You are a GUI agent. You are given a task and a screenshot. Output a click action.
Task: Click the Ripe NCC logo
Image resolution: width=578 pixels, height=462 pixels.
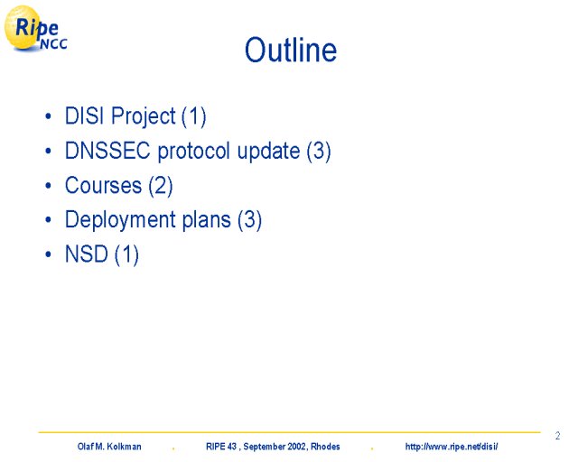pyautogui.click(x=36, y=28)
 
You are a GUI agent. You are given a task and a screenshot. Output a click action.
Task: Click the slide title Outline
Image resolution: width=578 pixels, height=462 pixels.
pyautogui.click(x=291, y=50)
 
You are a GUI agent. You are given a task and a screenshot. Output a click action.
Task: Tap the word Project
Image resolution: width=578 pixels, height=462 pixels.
pyautogui.click(x=143, y=117)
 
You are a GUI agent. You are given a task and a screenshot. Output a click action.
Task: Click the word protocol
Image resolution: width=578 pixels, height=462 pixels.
pyautogui.click(x=194, y=151)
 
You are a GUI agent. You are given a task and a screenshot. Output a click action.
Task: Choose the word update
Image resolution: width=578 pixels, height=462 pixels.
pyautogui.click(x=268, y=151)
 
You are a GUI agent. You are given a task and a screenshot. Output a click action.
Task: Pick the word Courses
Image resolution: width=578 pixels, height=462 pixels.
pyautogui.click(x=103, y=185)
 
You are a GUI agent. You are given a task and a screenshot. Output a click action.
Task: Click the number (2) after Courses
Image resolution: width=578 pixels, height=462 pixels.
pyautogui.click(x=161, y=186)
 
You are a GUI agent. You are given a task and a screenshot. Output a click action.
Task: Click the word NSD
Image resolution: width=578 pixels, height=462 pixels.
pyautogui.click(x=87, y=254)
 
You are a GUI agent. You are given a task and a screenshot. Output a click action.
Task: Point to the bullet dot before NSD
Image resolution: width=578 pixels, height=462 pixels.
pyautogui.click(x=48, y=254)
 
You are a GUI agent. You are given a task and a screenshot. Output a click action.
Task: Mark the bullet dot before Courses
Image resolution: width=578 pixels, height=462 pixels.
pyautogui.click(x=48, y=185)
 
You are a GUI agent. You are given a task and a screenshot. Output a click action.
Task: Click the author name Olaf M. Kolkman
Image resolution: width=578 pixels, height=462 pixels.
pyautogui.click(x=109, y=447)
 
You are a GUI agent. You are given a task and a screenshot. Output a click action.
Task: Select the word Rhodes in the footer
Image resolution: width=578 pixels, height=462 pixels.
pyautogui.click(x=325, y=447)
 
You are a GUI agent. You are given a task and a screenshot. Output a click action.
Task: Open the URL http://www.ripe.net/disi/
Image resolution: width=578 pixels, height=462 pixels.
pyautogui.click(x=452, y=447)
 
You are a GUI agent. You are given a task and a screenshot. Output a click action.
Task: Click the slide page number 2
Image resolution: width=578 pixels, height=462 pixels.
pyautogui.click(x=557, y=436)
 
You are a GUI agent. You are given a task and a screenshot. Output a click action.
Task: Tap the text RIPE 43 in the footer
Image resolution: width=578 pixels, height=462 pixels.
pyautogui.click(x=221, y=447)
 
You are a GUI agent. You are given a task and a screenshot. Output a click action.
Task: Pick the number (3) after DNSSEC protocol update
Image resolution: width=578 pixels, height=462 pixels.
pyautogui.click(x=319, y=151)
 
